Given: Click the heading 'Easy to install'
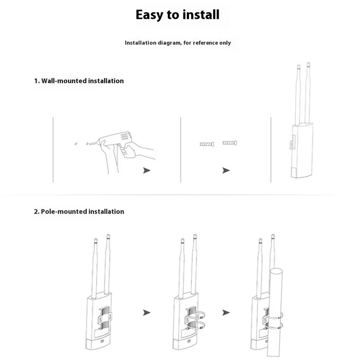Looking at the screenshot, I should click(178, 14).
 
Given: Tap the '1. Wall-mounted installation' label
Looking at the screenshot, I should click(79, 81).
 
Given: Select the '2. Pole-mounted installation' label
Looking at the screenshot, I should click(79, 211).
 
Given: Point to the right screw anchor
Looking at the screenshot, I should click(229, 143).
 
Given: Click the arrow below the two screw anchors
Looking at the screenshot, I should click(226, 171).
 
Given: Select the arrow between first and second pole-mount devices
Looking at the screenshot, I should click(146, 312).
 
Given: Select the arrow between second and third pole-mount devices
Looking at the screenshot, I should click(226, 312).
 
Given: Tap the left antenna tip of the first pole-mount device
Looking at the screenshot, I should click(95, 240).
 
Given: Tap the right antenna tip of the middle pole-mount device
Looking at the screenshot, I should click(194, 236).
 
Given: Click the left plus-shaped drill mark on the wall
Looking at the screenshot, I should click(76, 144).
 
